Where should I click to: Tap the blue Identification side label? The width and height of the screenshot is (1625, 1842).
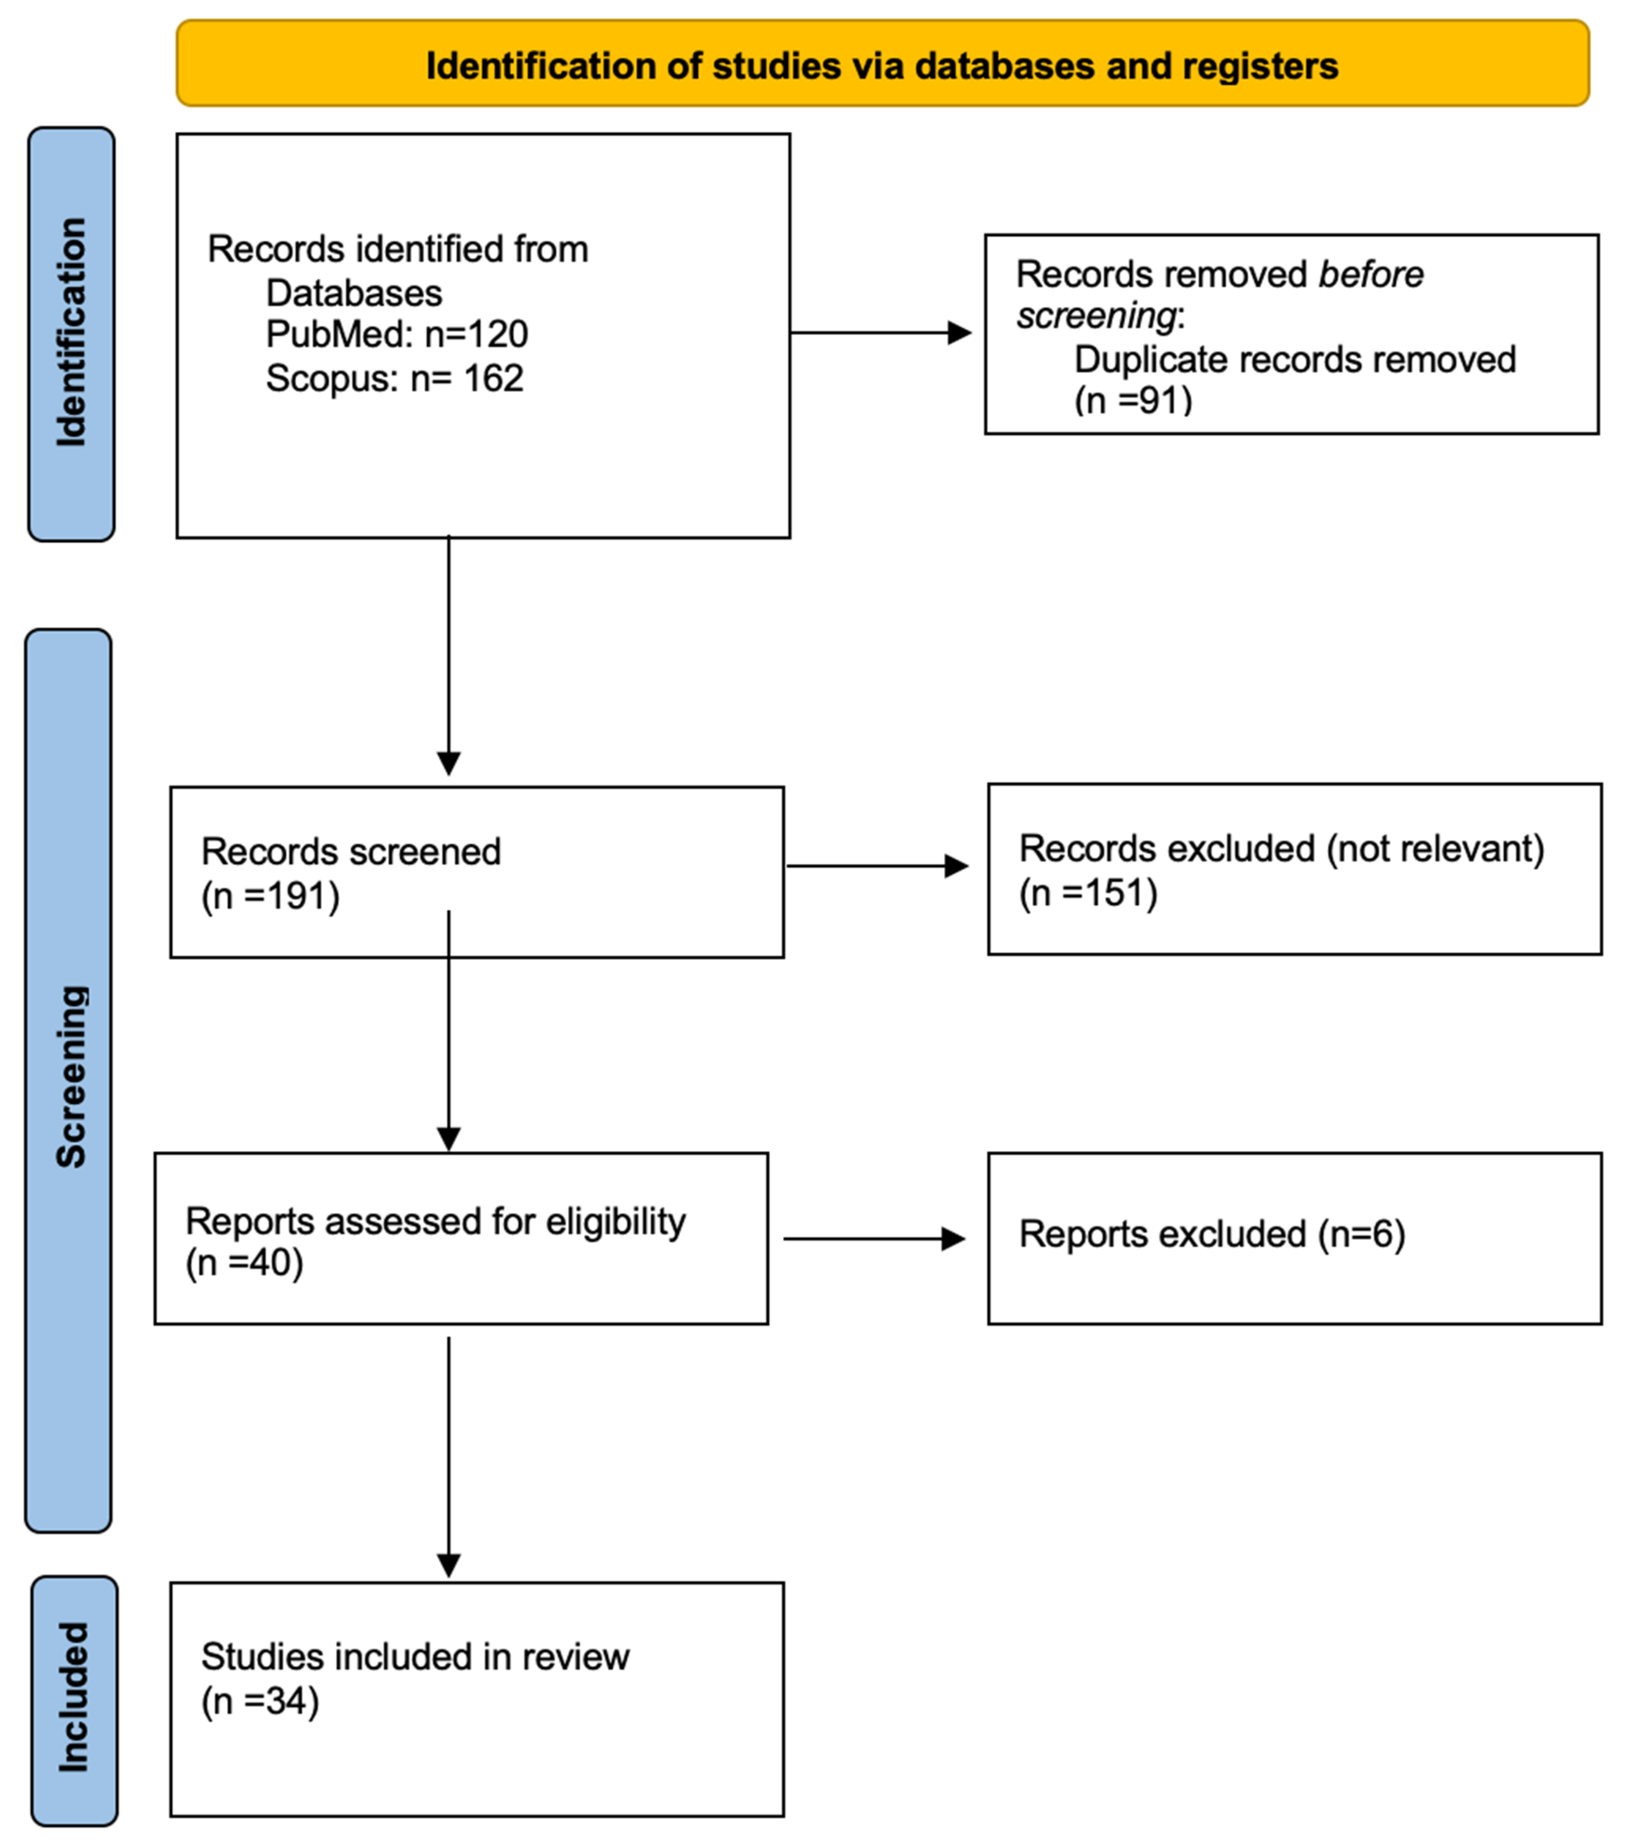[71, 333]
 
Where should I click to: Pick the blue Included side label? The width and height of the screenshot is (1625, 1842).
[74, 1699]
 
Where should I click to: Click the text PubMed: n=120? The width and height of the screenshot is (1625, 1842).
[396, 334]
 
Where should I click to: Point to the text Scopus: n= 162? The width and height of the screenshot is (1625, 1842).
[394, 377]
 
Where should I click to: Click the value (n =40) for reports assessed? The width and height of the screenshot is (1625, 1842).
[244, 1262]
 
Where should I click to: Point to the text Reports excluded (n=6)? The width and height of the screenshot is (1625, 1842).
[1212, 1234]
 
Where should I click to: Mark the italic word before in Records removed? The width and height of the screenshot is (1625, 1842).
[1370, 274]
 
